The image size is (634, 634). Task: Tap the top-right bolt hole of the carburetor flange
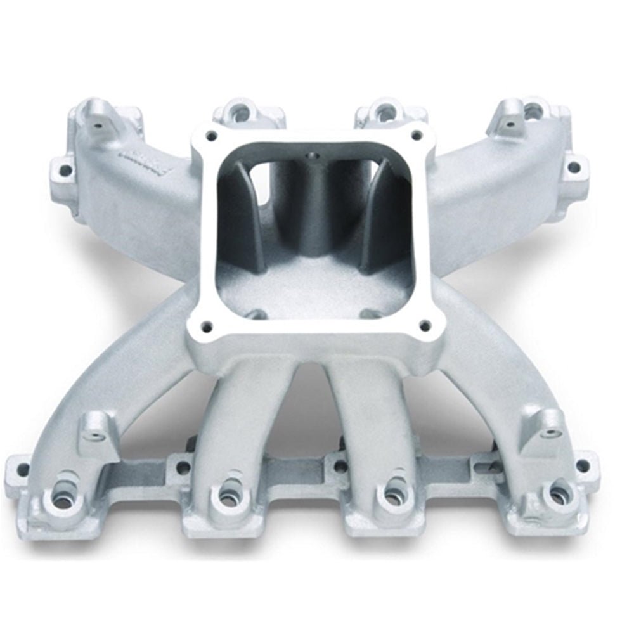click(x=417, y=134)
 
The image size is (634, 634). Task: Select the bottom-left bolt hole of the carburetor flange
click(x=206, y=327)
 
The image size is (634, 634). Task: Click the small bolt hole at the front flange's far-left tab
click(x=22, y=470)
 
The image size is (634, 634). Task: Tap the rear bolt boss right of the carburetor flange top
click(x=385, y=112)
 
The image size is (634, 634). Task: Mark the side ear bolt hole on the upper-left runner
click(x=64, y=169)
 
